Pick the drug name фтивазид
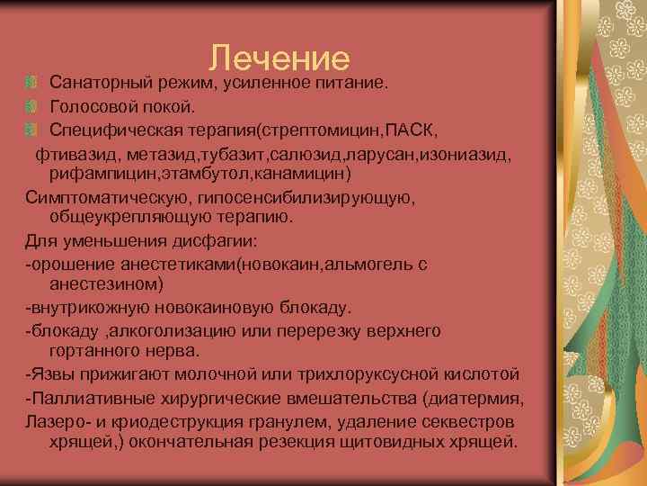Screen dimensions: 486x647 (x=75, y=155)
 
